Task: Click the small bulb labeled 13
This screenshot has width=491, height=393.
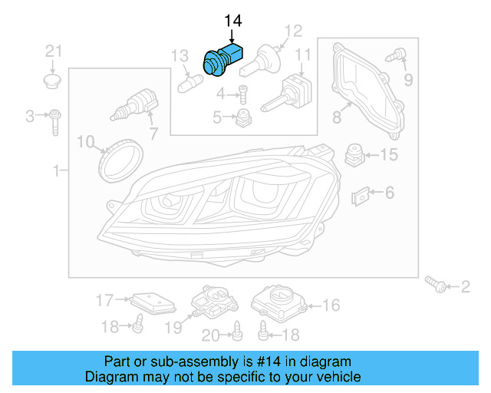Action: pos(190,80)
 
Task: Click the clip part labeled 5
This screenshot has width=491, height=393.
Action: pos(245,117)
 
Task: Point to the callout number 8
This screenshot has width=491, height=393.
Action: pos(336,117)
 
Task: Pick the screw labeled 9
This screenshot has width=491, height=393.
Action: pos(398,55)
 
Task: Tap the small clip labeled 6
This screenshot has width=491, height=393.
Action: pos(361,196)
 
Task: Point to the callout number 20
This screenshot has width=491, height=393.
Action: pos(210,334)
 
